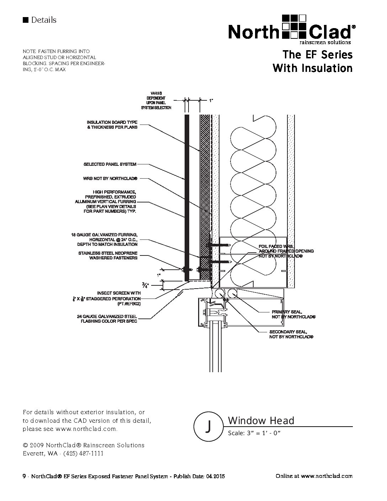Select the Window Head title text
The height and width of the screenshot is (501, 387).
(x=261, y=421)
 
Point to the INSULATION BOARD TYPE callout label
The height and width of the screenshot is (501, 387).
(x=112, y=125)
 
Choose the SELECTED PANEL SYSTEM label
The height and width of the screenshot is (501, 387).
(x=110, y=164)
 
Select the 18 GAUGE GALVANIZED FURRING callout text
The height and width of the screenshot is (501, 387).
(x=104, y=239)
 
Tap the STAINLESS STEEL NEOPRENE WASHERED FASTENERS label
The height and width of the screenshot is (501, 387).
(x=107, y=255)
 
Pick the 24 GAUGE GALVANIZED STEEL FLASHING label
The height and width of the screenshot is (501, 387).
(x=107, y=319)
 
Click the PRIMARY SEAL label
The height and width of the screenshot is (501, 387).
(x=293, y=314)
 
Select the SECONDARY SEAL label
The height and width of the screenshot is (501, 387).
(x=291, y=334)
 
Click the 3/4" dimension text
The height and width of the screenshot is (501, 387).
(x=145, y=285)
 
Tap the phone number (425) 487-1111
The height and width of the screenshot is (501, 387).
(x=83, y=453)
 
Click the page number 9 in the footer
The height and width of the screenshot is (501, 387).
(x=24, y=476)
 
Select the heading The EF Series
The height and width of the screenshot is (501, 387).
(x=317, y=55)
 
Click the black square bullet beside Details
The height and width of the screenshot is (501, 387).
(x=25, y=20)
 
